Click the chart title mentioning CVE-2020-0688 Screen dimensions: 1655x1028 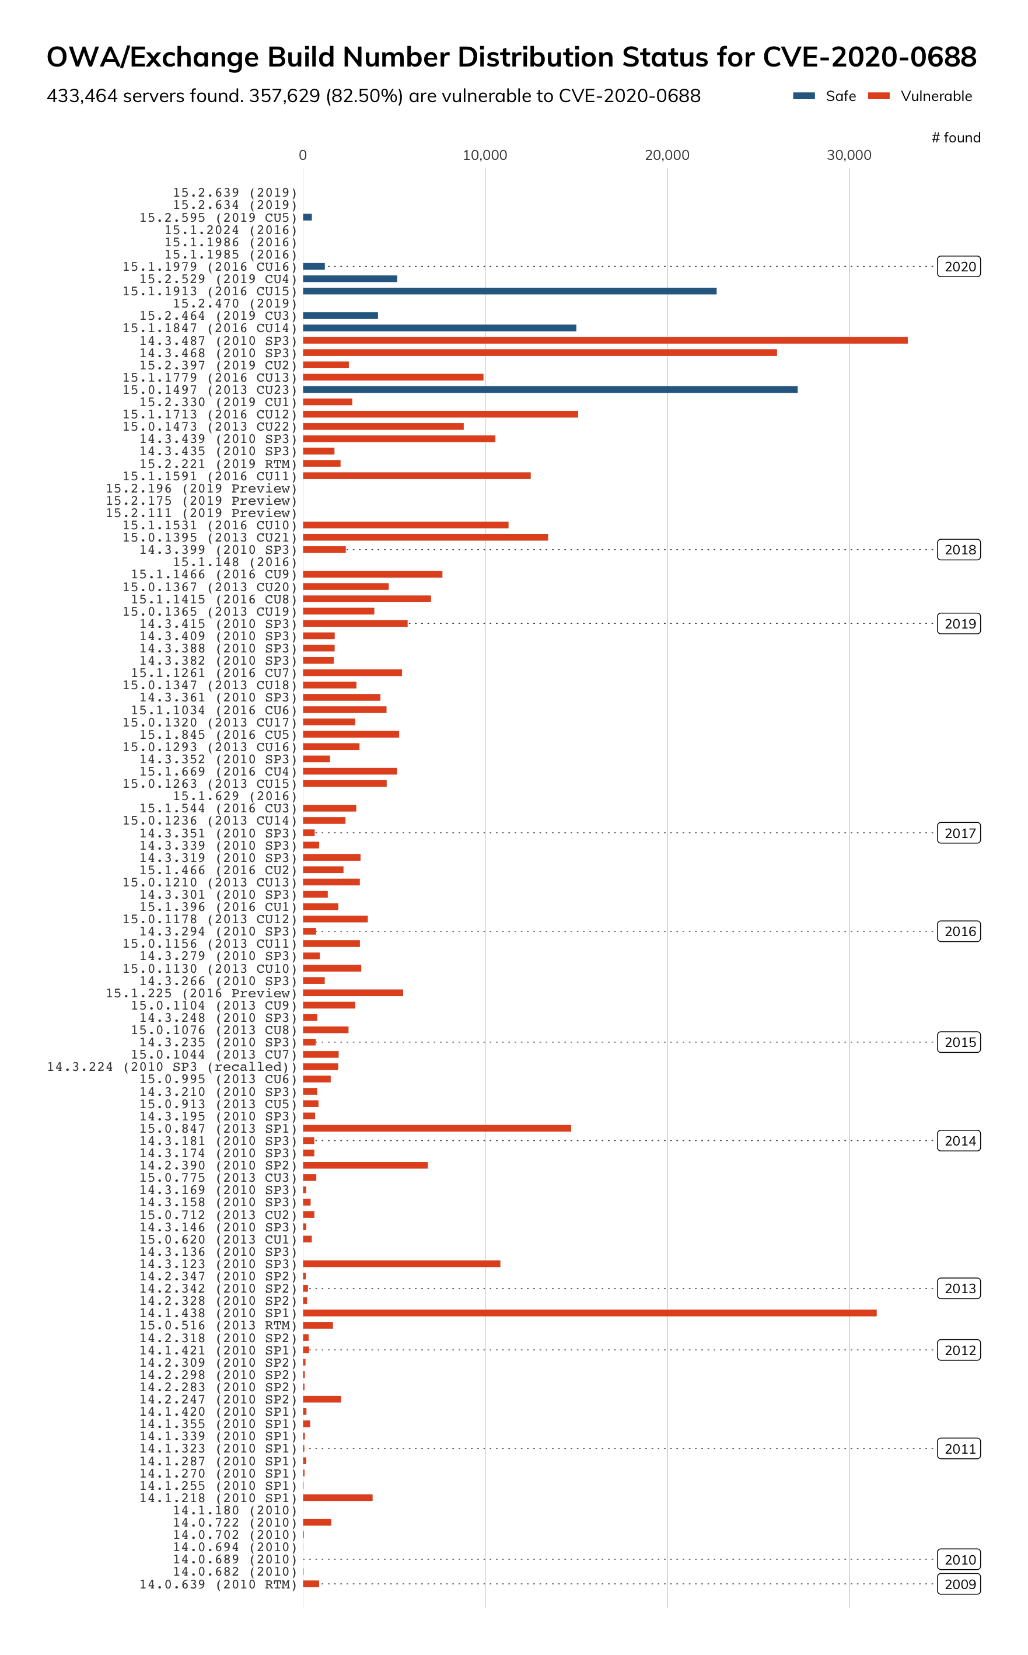pos(511,57)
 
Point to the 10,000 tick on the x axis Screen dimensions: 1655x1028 pos(485,155)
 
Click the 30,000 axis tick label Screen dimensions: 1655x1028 pos(848,155)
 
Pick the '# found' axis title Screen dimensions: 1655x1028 pos(955,137)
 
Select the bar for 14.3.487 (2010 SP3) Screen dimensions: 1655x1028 pos(604,340)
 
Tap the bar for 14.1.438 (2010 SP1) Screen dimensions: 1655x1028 pos(589,1313)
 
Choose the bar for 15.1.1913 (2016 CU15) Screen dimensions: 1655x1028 pos(509,291)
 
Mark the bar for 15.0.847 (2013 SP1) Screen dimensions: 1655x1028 pos(436,1128)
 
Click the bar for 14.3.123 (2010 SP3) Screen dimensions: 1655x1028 pos(401,1263)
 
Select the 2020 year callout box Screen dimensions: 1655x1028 pos(959,267)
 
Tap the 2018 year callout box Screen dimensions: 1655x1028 pos(959,549)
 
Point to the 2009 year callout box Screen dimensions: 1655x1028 pos(959,1584)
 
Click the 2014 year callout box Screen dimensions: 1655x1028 pos(959,1141)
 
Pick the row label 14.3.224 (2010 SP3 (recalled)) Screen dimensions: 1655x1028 pos(172,1067)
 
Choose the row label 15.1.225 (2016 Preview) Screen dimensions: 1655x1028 pos(201,993)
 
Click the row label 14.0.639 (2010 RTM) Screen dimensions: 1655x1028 pos(218,1584)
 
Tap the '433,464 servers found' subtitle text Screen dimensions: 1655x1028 pos(373,96)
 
